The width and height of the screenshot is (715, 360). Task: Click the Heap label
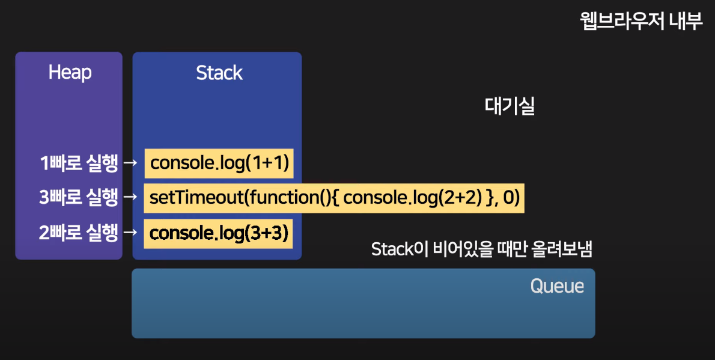pyautogui.click(x=70, y=73)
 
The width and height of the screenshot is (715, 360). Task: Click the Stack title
pyautogui.click(x=219, y=73)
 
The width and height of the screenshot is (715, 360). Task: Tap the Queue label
pyautogui.click(x=557, y=286)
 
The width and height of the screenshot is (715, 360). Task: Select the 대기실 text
pyautogui.click(x=510, y=106)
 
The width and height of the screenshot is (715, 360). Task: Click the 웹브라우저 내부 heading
pyautogui.click(x=641, y=22)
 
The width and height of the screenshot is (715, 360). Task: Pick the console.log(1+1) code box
pyautogui.click(x=219, y=163)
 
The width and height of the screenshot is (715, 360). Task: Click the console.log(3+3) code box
pyautogui.click(x=219, y=233)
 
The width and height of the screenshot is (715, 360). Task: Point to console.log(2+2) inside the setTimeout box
pyautogui.click(x=414, y=198)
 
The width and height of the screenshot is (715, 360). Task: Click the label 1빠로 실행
pyautogui.click(x=78, y=163)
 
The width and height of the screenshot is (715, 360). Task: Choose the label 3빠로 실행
pyautogui.click(x=78, y=198)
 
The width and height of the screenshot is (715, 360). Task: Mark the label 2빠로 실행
pyautogui.click(x=78, y=233)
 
